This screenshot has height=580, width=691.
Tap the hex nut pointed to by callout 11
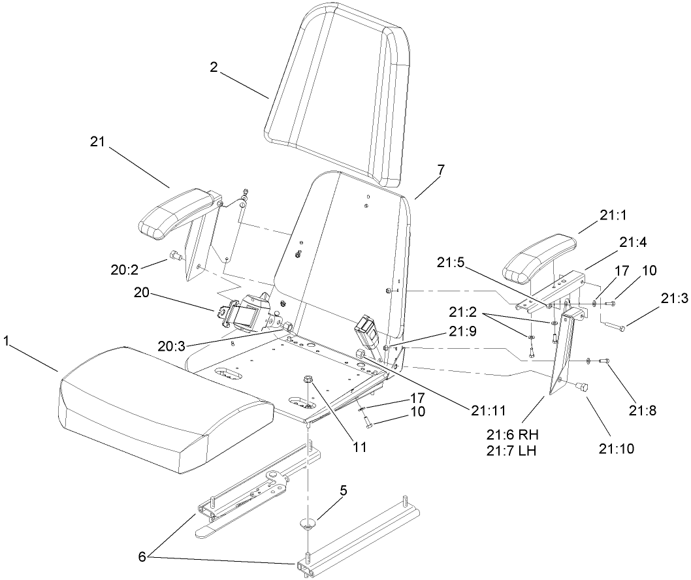coord(309,379)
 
